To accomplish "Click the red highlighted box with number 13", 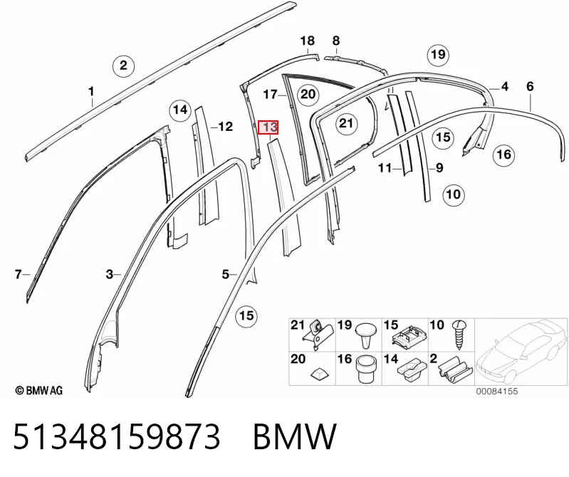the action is pos(268,127).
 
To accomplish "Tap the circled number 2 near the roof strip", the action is pos(123,65).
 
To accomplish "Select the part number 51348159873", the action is pos(117,436).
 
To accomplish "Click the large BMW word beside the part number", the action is pos(295,436).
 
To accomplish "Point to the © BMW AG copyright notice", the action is pos(39,390).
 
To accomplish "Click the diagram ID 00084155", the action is pos(497,392).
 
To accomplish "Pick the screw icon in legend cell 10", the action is pos(459,335).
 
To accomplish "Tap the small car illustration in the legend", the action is pos(520,351).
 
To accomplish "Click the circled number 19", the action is pos(438,54).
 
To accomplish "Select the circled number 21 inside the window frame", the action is pos(346,123).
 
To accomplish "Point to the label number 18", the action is pos(307,41).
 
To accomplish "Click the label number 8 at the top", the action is pos(336,41).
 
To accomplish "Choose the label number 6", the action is pos(530,86).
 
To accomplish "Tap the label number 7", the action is pos(18,274).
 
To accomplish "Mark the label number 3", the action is pos(110,274).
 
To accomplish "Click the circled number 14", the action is pos(180,109).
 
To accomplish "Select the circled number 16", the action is pos(503,154).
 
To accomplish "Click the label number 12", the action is pos(225,127).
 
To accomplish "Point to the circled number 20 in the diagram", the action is pos(308,94).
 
